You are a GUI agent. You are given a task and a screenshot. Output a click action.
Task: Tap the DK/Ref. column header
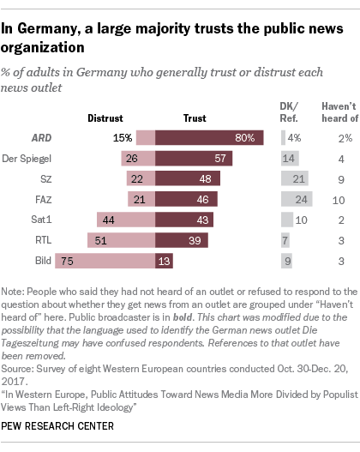[x=292, y=111]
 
